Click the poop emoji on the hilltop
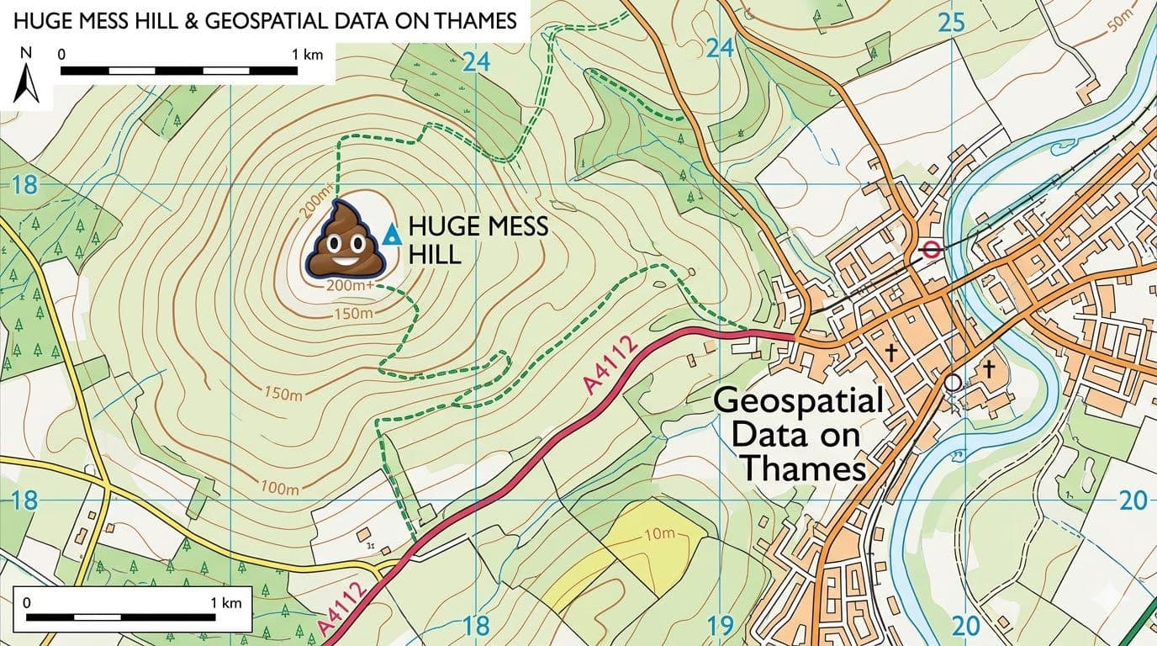point(345,240)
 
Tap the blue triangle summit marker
point(389,236)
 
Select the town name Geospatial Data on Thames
point(797,434)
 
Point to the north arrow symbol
point(27,84)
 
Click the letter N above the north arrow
point(27,52)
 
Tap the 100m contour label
point(280,489)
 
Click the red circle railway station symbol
point(930,249)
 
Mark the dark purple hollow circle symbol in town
point(952,383)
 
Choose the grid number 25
point(951,24)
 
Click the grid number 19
point(721,626)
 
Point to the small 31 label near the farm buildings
point(370,545)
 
